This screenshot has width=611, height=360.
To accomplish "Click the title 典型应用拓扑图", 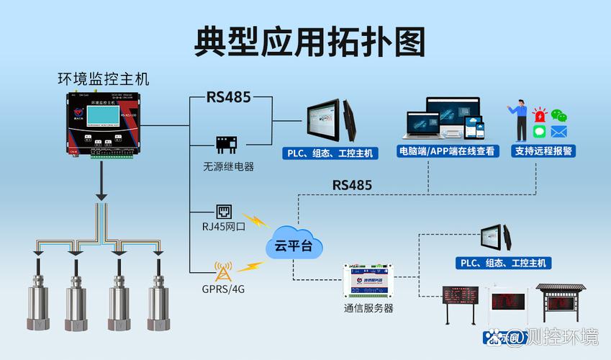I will click(309, 42).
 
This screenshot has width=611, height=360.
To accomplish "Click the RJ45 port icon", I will click(225, 212).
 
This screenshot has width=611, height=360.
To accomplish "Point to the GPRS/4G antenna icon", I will click(223, 271).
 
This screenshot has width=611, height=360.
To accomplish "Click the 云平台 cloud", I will click(293, 246).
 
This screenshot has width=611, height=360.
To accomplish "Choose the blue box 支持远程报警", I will click(544, 151).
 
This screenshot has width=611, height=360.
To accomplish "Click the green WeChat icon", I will click(559, 115).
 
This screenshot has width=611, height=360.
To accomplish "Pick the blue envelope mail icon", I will click(559, 132).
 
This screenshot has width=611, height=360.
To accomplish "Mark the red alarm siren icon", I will click(539, 115).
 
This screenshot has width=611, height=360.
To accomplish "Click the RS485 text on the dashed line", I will click(352, 185).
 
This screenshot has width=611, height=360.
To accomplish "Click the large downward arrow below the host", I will click(103, 186).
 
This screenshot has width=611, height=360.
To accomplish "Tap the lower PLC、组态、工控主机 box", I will click(504, 263).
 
